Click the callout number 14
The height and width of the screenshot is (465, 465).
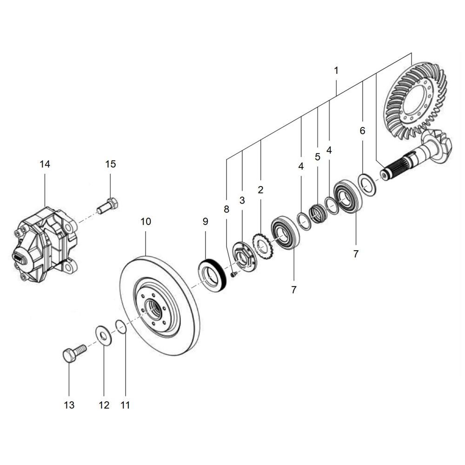tap(45, 164)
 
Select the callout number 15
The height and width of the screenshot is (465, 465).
tap(111, 164)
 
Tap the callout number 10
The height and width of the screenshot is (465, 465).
tap(146, 221)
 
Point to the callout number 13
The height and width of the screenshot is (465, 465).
tap(69, 405)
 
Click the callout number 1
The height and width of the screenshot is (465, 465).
tap(336, 71)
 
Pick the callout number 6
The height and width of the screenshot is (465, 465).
tap(362, 131)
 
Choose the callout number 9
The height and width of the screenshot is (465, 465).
tap(206, 221)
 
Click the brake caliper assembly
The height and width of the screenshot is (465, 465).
tap(46, 245)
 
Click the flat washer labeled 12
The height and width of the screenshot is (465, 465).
tap(104, 336)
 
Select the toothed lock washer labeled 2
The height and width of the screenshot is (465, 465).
tap(263, 247)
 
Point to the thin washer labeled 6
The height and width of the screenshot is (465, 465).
tap(367, 185)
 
